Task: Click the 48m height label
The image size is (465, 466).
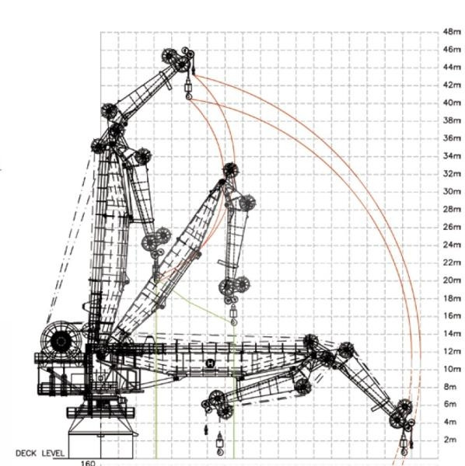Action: pos(452,32)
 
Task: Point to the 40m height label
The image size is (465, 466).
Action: pos(452,103)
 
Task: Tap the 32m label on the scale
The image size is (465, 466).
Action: pos(452,173)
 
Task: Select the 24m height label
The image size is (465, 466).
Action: pos(452,245)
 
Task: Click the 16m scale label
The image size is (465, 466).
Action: pos(452,315)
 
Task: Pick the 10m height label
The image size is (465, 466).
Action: pos(452,369)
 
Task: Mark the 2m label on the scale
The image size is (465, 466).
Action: pos(450,440)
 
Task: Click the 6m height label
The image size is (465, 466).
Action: pos(450,404)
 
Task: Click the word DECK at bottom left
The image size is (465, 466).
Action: pos(26,454)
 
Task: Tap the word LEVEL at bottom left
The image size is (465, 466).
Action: pos(53,454)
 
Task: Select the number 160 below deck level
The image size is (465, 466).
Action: pos(88,463)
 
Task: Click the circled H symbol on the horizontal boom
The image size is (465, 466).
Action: pos(210,363)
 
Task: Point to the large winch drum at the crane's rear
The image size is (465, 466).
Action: pos(61,341)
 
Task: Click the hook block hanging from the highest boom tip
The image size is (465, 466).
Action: pos(188,89)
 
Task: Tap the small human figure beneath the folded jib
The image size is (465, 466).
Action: pos(206,429)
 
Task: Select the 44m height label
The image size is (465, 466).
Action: pos(452,67)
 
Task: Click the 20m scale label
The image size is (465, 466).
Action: pos(452,280)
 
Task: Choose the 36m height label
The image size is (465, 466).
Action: pos(452,138)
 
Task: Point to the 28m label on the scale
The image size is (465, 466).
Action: pos(452,209)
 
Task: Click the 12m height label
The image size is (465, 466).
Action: pos(452,351)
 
